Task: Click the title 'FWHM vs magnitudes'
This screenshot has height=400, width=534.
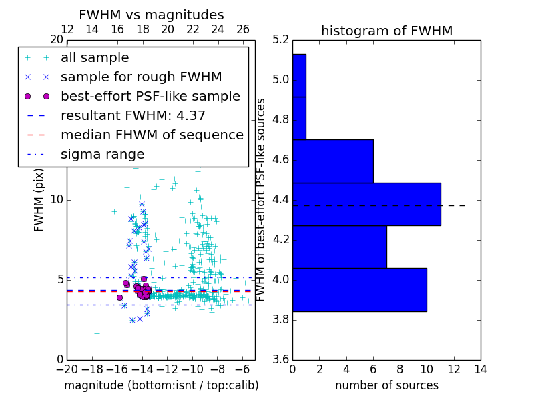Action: (x=151, y=15)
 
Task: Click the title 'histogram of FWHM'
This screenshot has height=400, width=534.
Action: (x=386, y=31)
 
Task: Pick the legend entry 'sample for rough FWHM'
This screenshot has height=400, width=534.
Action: (x=141, y=77)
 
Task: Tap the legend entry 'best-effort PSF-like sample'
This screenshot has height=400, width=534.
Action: (x=150, y=96)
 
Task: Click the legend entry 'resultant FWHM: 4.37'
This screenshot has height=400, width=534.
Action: (x=133, y=115)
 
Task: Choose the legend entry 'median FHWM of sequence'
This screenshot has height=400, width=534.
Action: (x=152, y=135)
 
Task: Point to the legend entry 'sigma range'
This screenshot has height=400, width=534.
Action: (x=102, y=154)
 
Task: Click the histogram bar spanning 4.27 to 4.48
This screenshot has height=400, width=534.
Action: (x=366, y=204)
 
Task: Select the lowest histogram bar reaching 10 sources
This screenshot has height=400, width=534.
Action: (x=359, y=290)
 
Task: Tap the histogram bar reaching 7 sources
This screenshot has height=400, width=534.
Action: (x=339, y=247)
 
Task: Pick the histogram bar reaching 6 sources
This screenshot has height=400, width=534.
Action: (x=332, y=161)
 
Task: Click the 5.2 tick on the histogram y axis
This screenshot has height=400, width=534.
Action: (x=281, y=40)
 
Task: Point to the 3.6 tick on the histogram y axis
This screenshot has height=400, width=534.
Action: (x=281, y=359)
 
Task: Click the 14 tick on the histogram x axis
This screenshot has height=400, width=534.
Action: (x=480, y=369)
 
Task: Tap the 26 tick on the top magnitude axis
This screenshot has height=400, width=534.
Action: (x=243, y=29)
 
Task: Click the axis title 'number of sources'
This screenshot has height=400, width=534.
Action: (x=386, y=385)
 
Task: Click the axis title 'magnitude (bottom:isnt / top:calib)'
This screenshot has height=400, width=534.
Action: (x=161, y=385)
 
